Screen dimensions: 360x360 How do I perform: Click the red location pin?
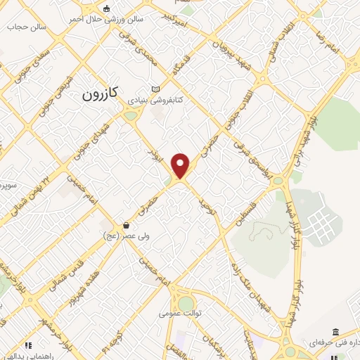181,165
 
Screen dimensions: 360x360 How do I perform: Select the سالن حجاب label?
26,27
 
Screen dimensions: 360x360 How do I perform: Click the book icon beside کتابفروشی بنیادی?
155,89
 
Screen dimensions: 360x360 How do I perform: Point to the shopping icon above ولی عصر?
125,226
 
